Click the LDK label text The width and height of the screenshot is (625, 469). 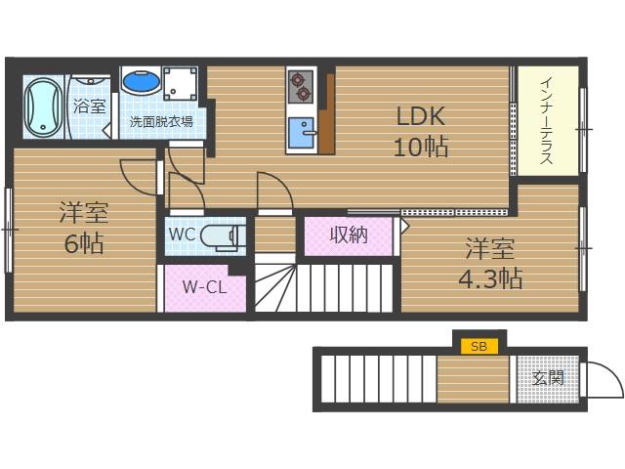(421, 116)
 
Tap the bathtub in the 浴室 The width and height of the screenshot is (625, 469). (43, 107)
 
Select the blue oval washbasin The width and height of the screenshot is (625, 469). (141, 81)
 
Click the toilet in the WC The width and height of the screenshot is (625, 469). (220, 236)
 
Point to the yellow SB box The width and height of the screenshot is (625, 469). (479, 346)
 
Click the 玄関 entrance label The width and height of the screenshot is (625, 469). (549, 378)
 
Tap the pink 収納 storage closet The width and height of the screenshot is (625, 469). (349, 236)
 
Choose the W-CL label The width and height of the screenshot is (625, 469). (204, 286)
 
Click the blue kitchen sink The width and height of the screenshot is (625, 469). (302, 133)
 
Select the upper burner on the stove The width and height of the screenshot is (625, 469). (297, 79)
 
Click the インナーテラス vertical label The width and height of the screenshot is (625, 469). (547, 121)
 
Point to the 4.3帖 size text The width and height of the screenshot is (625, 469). (490, 278)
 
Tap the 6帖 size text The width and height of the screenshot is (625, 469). (84, 243)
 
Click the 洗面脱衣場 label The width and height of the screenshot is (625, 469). (161, 121)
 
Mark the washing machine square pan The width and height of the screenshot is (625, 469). (181, 82)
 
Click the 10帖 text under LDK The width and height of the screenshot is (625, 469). (421, 147)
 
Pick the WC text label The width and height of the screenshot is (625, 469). (183, 234)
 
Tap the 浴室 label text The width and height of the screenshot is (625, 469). (90, 107)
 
